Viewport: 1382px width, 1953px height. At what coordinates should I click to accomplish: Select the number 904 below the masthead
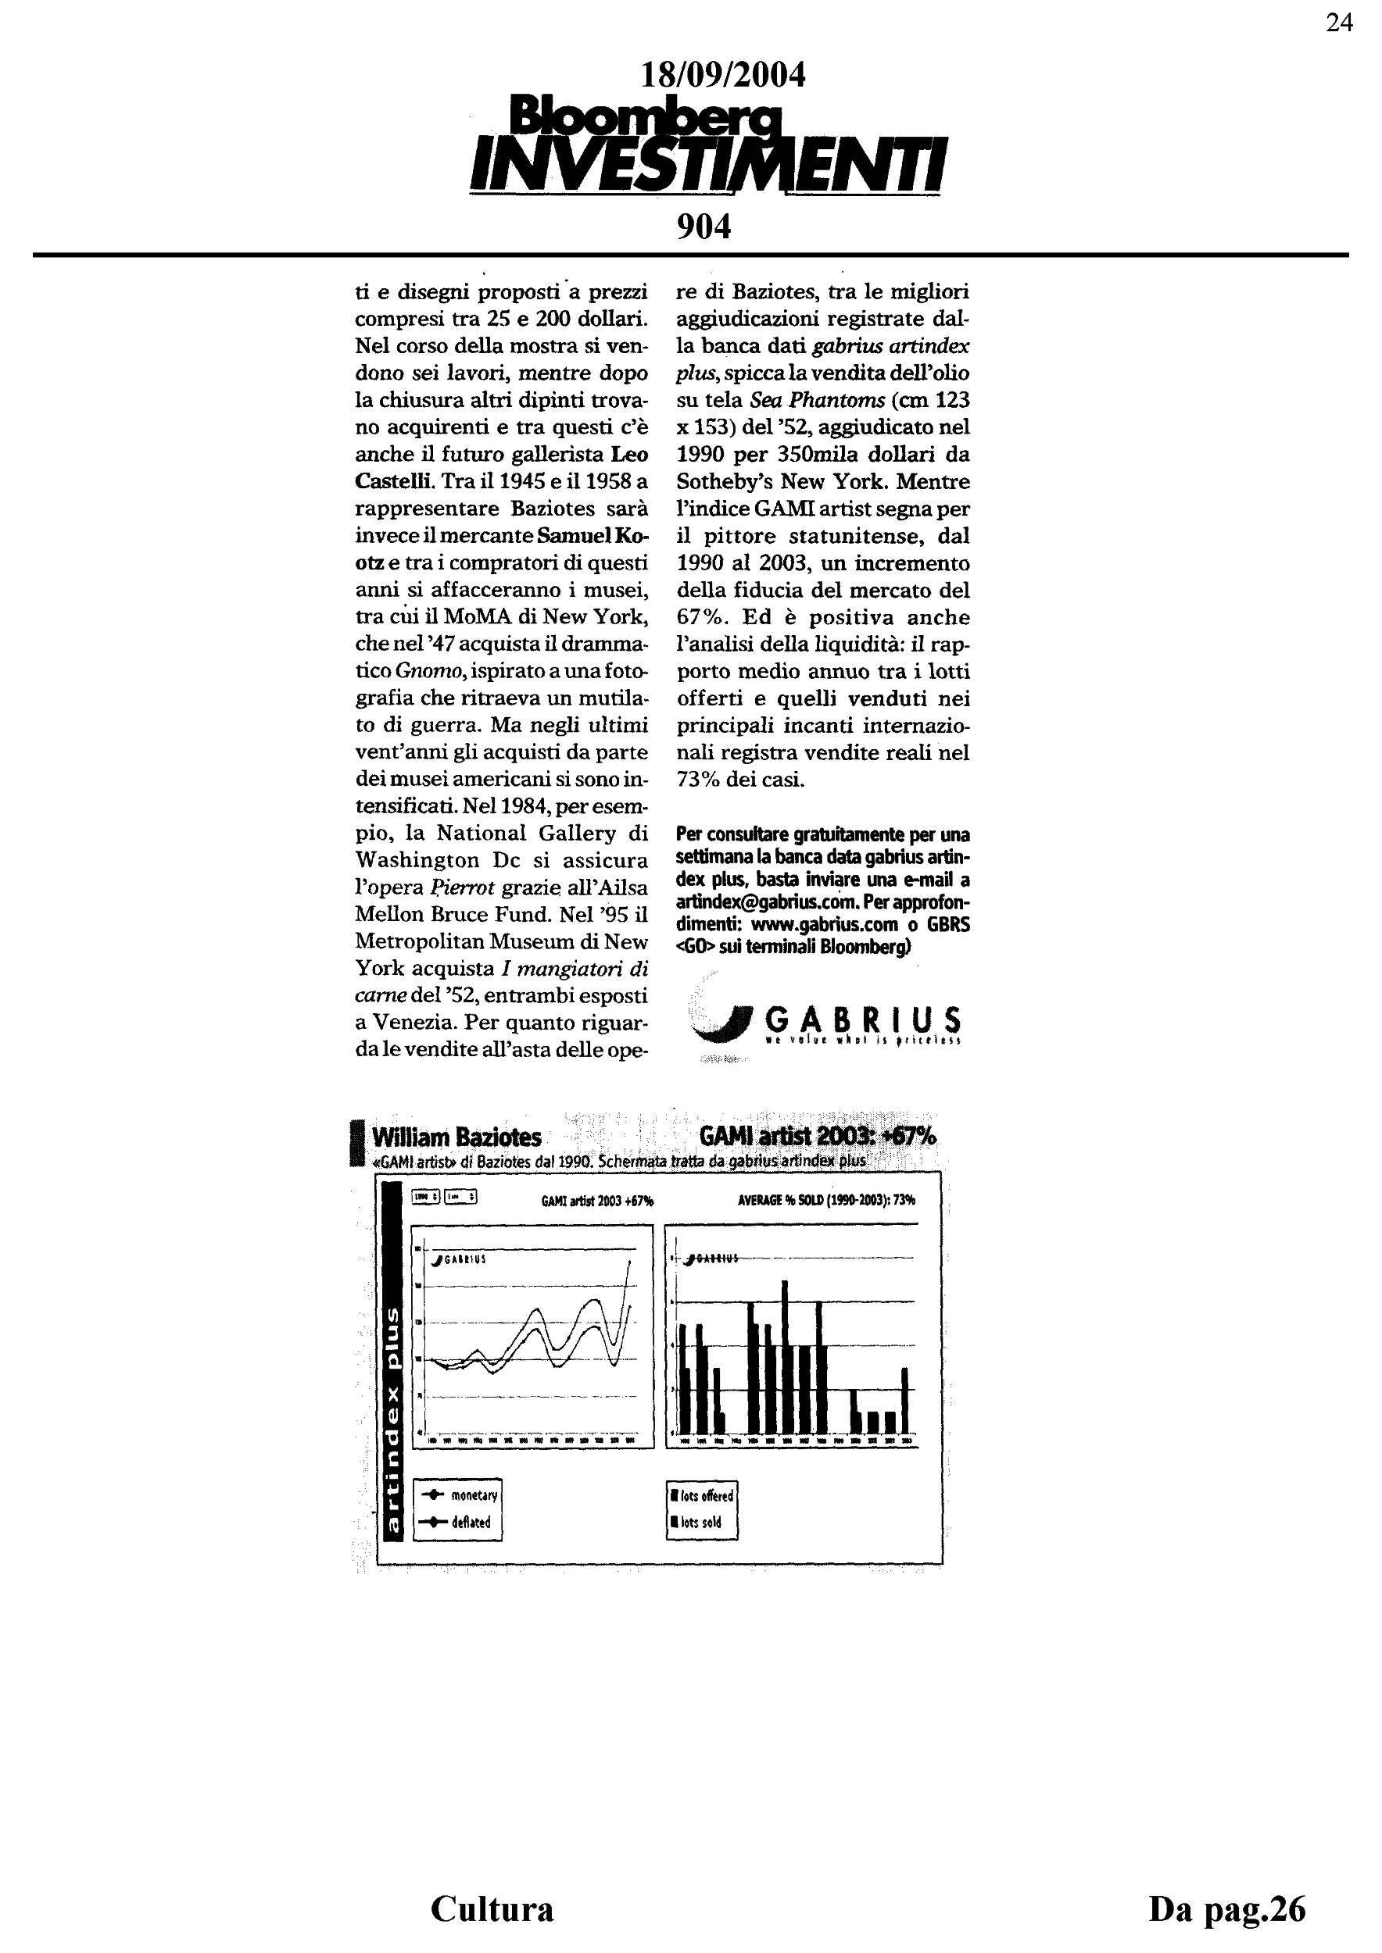(x=704, y=227)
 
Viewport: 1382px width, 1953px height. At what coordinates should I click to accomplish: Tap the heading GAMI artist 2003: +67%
(x=817, y=1137)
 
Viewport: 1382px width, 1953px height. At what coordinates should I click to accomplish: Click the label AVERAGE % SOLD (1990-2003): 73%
(x=826, y=1200)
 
